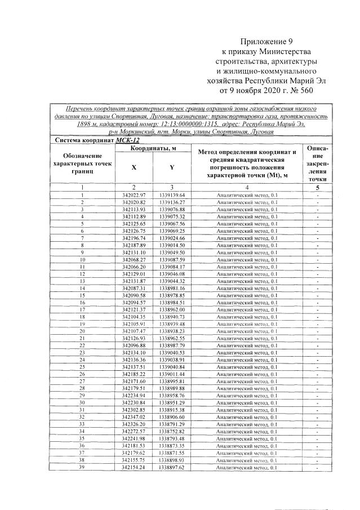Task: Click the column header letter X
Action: coord(134,167)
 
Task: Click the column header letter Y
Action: coord(171,167)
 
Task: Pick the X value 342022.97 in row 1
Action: coord(134,195)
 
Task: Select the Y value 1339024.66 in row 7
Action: coord(172,238)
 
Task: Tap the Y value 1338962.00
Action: coord(172,309)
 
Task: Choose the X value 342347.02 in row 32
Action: coord(134,416)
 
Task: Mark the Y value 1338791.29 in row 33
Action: coord(172,424)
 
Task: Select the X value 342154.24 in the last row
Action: coord(134,467)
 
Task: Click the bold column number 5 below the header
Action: coord(317,187)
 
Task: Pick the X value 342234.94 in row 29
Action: coord(134,395)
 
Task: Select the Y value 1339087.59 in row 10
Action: coord(172,259)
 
